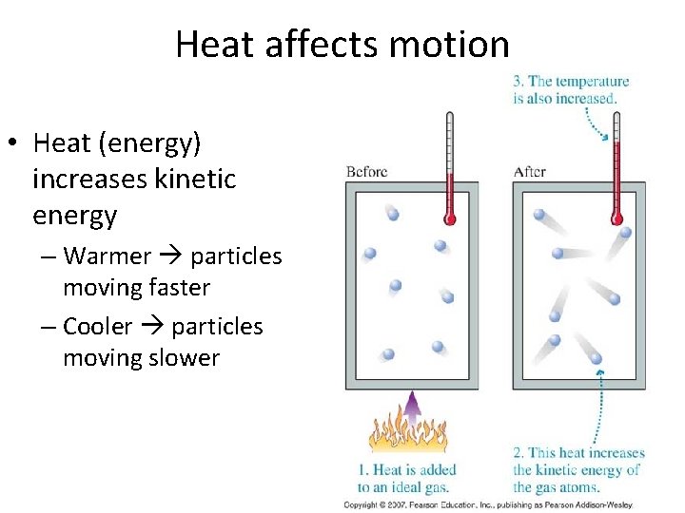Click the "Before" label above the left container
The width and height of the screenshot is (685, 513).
point(366,172)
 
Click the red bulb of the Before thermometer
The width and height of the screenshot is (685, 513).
point(451,219)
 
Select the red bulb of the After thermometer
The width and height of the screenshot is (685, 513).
point(616,219)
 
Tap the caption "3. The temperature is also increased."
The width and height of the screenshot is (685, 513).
point(571,90)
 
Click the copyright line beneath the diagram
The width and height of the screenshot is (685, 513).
point(488,504)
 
